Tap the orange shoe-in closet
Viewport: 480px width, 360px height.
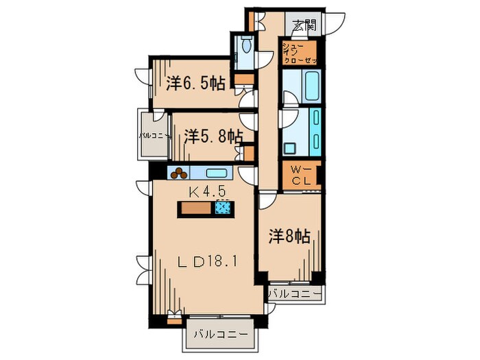coord(300,53)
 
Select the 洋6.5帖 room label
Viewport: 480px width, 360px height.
coord(195,84)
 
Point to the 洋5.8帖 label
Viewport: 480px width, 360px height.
coord(213,136)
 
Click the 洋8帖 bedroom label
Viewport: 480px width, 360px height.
coord(288,237)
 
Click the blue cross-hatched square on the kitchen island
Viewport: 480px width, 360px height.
coord(223,210)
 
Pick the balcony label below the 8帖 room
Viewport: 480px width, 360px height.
coord(294,294)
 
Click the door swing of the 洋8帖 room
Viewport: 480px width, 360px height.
coord(267,201)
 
